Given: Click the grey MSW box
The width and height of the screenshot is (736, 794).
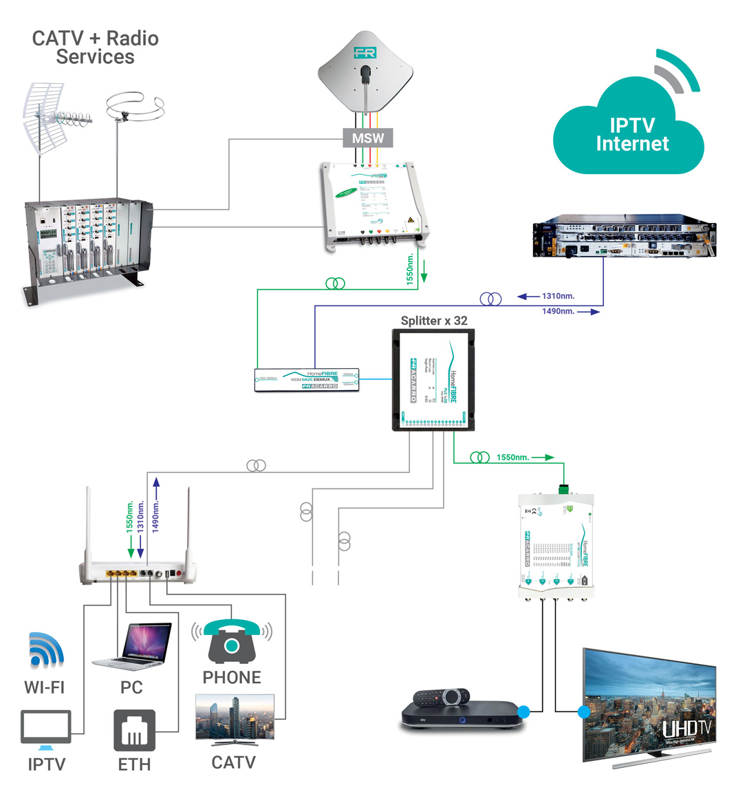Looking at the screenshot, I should (368, 138).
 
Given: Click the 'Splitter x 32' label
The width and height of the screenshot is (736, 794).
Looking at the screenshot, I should (434, 321).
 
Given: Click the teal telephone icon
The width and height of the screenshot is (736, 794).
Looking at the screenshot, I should (232, 641).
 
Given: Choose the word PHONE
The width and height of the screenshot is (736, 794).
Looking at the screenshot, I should (232, 678).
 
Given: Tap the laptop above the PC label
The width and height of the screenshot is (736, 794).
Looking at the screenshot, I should (133, 645).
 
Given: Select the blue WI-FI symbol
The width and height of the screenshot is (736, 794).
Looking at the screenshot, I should (46, 650).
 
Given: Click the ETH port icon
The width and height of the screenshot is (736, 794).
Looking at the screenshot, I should (134, 730).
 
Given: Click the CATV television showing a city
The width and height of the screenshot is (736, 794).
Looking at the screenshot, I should (235, 719).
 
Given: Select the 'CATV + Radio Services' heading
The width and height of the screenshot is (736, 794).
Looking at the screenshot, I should (95, 47).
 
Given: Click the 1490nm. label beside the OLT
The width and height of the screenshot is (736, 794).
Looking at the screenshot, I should (558, 312).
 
